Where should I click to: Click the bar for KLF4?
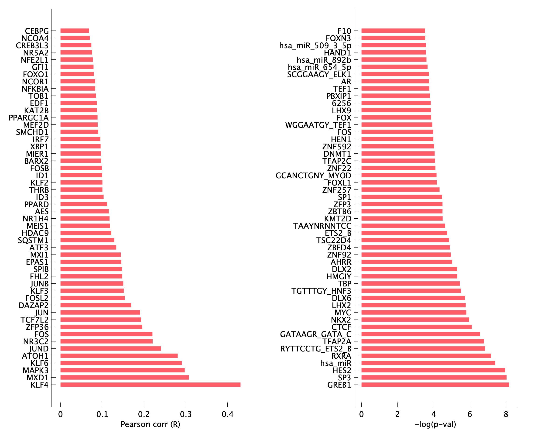coord(150,385)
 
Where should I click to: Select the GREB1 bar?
coord(435,385)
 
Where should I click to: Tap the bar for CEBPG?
coord(75,31)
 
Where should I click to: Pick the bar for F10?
coord(393,31)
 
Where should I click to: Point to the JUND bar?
coord(110,349)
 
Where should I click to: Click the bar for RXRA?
coord(426,356)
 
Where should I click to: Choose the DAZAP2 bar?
coord(96,305)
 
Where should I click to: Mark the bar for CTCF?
coord(417,327)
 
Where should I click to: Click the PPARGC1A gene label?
coord(29,117)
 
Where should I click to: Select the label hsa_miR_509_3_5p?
coord(315,45)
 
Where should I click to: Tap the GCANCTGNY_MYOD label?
coord(313,175)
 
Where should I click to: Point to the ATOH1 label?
coord(35,356)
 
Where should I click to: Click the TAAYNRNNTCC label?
coord(322,226)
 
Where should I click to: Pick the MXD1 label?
coord(38,378)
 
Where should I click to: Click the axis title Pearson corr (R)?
coord(150,424)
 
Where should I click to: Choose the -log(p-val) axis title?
coord(435,424)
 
